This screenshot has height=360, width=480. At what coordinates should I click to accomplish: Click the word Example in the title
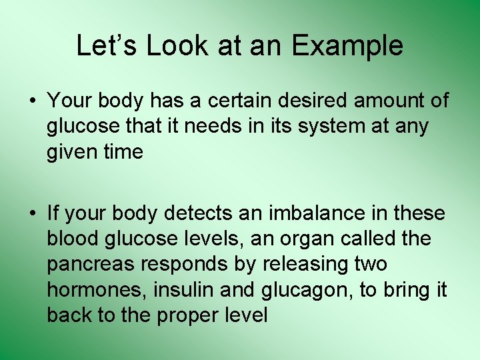[347, 46]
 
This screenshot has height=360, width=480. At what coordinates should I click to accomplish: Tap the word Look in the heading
[177, 46]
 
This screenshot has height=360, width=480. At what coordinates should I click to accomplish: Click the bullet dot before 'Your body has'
[33, 101]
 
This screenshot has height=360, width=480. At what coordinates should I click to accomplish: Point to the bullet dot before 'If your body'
[33, 213]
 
